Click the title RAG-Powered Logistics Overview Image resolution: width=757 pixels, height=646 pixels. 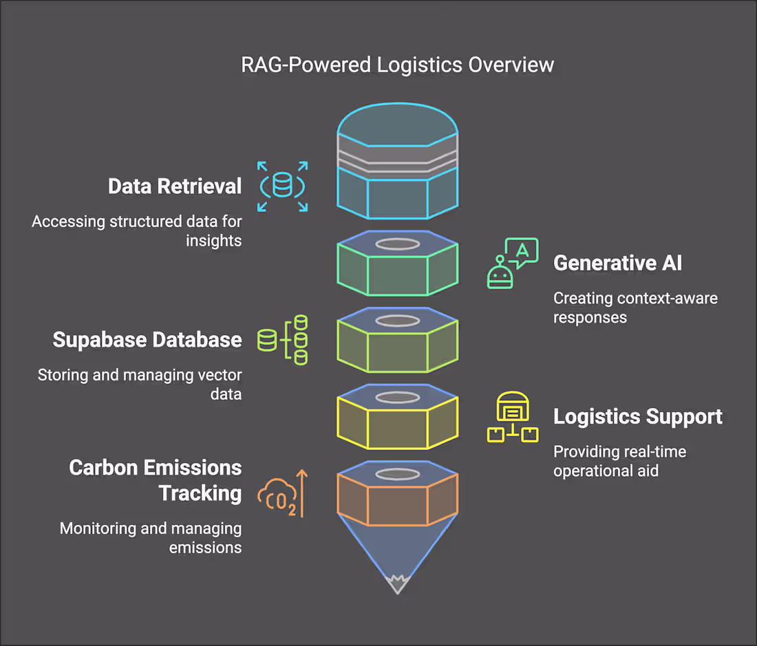(x=397, y=65)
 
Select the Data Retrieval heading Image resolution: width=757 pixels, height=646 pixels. (x=175, y=186)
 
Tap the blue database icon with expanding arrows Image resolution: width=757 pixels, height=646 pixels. (x=282, y=186)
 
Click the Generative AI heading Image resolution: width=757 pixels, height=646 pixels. (x=617, y=263)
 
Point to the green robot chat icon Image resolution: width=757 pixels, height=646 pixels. (x=512, y=263)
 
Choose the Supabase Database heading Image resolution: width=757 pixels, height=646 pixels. (x=147, y=340)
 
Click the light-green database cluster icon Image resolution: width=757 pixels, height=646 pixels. (x=282, y=339)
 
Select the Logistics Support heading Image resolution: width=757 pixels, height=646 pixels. (x=637, y=416)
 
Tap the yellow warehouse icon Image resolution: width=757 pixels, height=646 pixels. (x=512, y=417)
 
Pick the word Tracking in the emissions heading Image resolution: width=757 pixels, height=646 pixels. (x=200, y=493)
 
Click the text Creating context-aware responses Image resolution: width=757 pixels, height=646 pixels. (x=635, y=308)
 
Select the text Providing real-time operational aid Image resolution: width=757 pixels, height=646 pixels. (x=619, y=461)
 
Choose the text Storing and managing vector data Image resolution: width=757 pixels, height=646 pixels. (x=139, y=385)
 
